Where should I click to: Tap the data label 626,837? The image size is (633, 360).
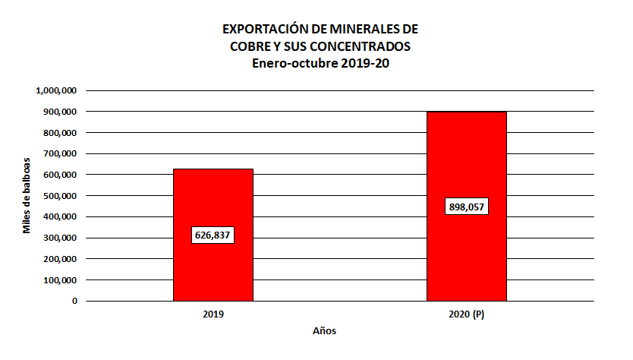coord(213,235)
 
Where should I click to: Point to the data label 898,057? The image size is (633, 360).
coord(466,207)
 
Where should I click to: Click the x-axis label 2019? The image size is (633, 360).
coord(213,314)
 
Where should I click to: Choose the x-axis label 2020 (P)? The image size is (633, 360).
coord(466,314)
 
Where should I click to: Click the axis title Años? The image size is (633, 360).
coord(324,332)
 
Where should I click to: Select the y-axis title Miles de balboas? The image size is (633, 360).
coord(27,196)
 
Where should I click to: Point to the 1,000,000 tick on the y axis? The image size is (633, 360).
coord(56,90)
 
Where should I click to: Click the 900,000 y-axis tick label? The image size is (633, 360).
coord(59,112)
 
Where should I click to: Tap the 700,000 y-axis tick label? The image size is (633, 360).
coord(59,153)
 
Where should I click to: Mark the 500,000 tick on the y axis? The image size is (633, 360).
coord(59,196)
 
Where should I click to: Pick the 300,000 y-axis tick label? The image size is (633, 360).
coord(59,238)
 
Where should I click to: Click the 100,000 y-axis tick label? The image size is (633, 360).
coord(59,279)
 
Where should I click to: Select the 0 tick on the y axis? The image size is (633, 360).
coord(74,301)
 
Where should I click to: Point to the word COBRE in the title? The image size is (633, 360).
coord(250,46)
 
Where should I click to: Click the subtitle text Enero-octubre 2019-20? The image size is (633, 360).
coord(320,63)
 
